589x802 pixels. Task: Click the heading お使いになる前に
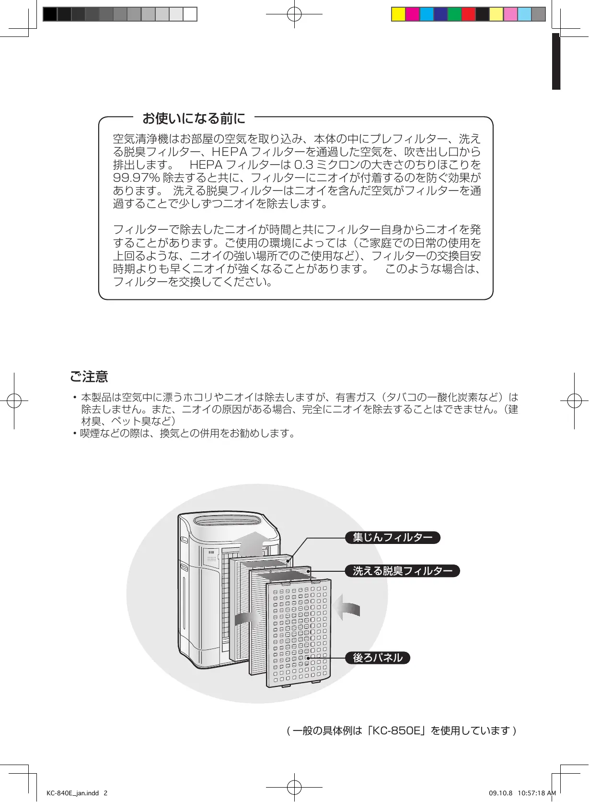(x=194, y=118)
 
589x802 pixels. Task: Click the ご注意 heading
(x=89, y=377)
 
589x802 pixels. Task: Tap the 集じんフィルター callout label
(x=393, y=538)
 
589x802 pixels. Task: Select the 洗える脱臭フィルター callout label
(x=402, y=571)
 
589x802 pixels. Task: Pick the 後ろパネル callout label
(x=378, y=658)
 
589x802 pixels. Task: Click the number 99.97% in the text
(x=136, y=178)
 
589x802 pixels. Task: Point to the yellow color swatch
(x=398, y=14)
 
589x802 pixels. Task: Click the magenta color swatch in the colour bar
(x=412, y=14)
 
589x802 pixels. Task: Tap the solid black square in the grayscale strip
(x=50, y=14)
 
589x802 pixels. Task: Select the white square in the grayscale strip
(x=190, y=14)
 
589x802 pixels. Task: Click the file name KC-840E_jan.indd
(x=72, y=793)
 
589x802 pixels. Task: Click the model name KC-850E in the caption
(x=396, y=731)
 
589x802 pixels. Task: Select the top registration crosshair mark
(x=294, y=14)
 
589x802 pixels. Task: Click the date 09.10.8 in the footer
(x=500, y=793)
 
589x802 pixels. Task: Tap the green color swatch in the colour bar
(x=454, y=14)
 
